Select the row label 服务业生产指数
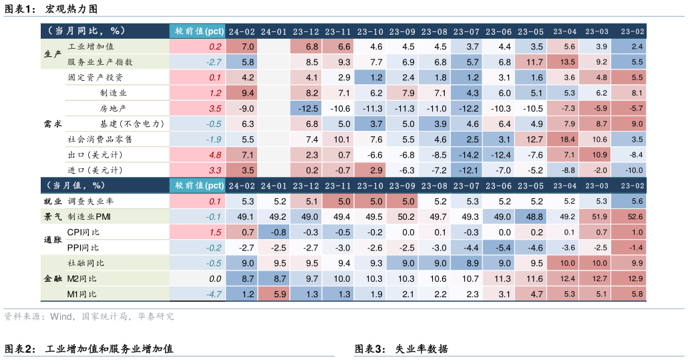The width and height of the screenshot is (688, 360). coord(100,62)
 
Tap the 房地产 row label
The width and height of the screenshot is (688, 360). coord(113,108)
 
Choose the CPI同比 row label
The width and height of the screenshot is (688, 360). coord(83,232)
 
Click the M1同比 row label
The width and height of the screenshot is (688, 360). coord(82,294)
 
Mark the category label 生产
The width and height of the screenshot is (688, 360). coord(52,54)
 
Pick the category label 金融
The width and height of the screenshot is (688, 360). coord(52,279)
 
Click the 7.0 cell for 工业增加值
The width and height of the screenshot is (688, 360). coord(248,47)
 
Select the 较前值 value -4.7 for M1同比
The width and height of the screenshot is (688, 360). coord(214,294)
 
